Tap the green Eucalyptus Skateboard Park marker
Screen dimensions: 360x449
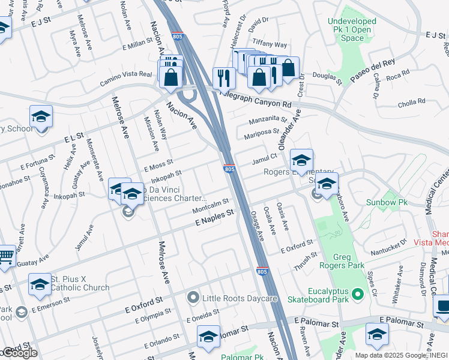click(358, 293)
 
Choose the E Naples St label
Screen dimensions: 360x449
click(214, 218)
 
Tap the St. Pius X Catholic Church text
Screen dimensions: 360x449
click(80, 283)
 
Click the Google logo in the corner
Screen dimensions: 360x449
click(19, 353)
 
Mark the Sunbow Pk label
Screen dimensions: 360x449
click(387, 203)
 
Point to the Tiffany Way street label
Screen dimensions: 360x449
click(270, 44)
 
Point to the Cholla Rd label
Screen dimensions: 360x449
click(411, 103)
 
